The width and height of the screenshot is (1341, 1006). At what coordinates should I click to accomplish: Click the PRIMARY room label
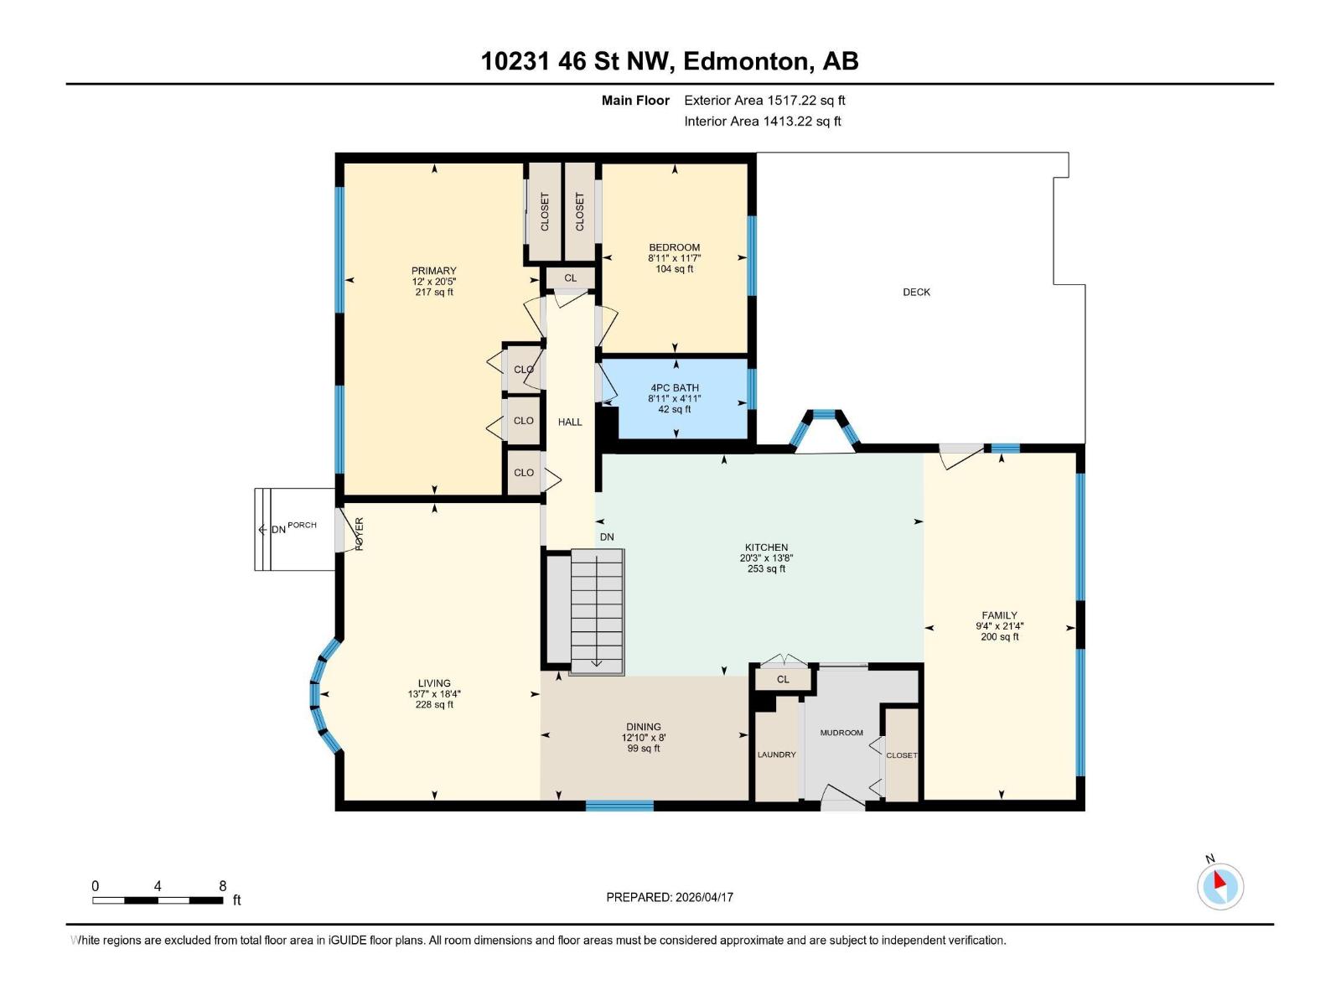pyautogui.click(x=433, y=271)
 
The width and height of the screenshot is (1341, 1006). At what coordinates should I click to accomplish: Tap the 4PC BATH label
pyautogui.click(x=674, y=388)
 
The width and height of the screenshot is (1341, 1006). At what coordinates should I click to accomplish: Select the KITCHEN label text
pyautogui.click(x=766, y=547)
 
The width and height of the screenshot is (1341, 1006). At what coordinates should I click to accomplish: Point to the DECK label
pyautogui.click(x=916, y=293)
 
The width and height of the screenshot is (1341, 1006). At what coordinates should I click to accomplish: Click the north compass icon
pyautogui.click(x=1219, y=886)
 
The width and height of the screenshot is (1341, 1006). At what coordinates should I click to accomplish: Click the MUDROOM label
pyautogui.click(x=841, y=733)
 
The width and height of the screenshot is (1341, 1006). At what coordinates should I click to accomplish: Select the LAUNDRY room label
pyautogui.click(x=776, y=754)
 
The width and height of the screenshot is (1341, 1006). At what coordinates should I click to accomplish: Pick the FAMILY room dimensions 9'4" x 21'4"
pyautogui.click(x=999, y=626)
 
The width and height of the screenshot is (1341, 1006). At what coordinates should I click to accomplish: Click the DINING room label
pyautogui.click(x=643, y=727)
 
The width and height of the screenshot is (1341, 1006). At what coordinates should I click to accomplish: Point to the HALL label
pyautogui.click(x=570, y=422)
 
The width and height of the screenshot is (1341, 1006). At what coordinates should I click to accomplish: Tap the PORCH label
pyautogui.click(x=302, y=526)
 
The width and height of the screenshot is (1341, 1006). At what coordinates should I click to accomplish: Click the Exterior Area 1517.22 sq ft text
pyautogui.click(x=764, y=101)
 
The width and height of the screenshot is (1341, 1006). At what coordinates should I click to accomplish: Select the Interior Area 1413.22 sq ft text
pyautogui.click(x=762, y=122)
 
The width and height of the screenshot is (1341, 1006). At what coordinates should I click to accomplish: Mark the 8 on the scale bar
pyautogui.click(x=222, y=886)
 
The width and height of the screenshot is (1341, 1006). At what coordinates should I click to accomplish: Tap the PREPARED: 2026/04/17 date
pyautogui.click(x=670, y=897)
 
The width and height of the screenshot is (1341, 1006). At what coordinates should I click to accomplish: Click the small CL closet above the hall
pyautogui.click(x=570, y=278)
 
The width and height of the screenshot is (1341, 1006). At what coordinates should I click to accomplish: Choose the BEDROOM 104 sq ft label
pyautogui.click(x=674, y=269)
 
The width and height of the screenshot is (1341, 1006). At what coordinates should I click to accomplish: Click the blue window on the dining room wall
pyautogui.click(x=619, y=806)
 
